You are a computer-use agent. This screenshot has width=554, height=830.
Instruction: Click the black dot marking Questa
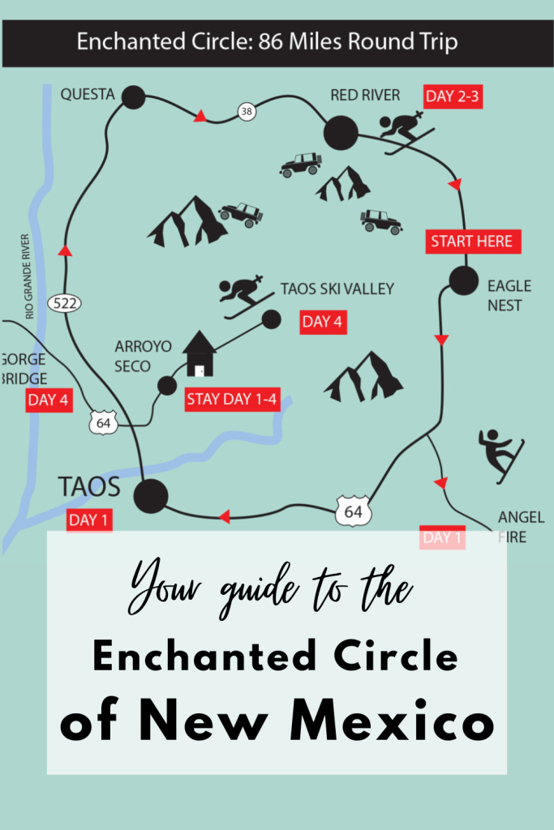coord(133,98)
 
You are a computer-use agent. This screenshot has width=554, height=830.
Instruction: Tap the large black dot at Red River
coord(341,133)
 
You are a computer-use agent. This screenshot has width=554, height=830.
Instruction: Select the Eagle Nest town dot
coord(465,280)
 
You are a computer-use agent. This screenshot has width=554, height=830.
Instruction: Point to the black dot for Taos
coord(151,495)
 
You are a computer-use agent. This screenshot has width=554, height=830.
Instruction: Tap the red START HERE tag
coord(471,242)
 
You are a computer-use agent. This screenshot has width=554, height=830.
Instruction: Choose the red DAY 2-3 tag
coord(453,96)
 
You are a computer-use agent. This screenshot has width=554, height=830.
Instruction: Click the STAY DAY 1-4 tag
coord(232,399)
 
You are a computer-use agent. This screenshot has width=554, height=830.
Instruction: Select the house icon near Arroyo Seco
coord(199,354)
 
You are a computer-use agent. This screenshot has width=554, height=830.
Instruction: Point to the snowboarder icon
coord(501,455)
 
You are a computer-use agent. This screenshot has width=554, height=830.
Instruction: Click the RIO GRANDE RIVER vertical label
coord(29,276)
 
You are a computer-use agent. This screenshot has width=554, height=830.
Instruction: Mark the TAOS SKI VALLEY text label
coord(337,289)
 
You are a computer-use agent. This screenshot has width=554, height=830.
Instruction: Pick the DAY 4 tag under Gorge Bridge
coord(48,400)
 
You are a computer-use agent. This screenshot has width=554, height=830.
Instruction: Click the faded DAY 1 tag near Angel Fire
coord(442,537)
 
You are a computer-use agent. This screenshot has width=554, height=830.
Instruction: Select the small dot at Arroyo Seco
coord(167,385)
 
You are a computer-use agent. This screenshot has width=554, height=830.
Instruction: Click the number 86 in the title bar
coord(273,42)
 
